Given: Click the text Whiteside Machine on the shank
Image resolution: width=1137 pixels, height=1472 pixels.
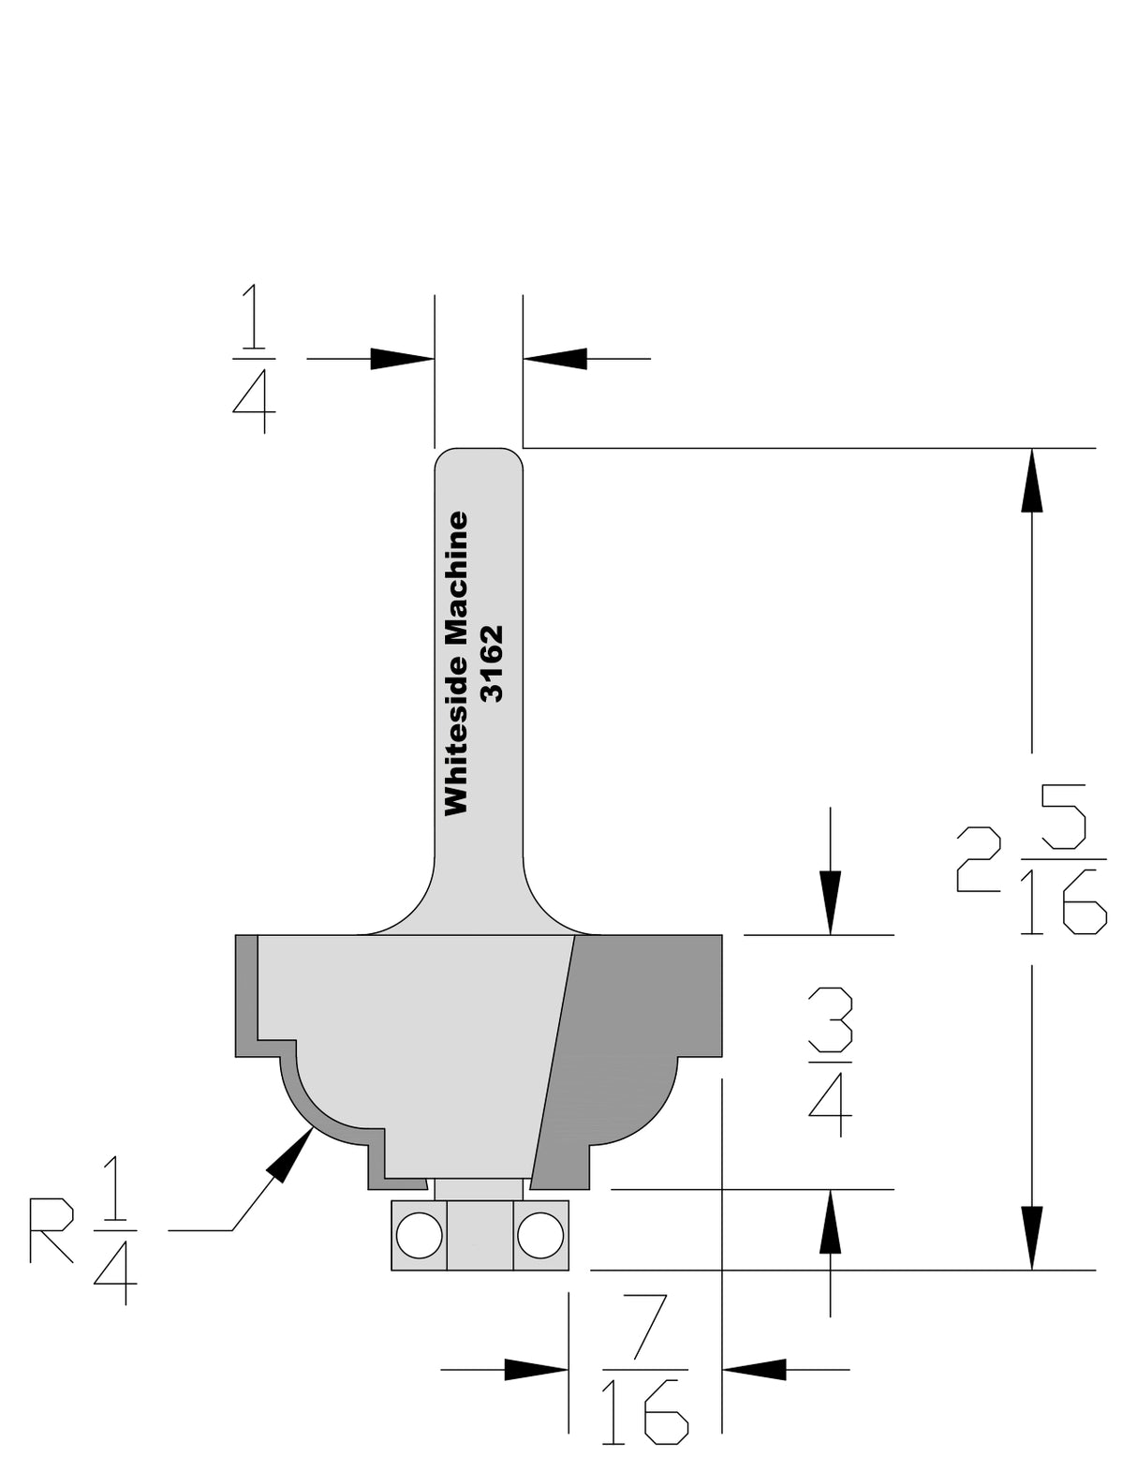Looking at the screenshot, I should pos(456,662).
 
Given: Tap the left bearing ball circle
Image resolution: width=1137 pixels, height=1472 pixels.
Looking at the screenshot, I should pos(419,1235).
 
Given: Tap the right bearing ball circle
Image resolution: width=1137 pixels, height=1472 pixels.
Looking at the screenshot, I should pos(540,1235).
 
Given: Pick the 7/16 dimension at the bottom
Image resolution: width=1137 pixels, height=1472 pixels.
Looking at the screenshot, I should pos(643,1369).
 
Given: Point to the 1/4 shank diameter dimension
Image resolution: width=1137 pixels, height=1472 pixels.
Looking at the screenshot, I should pos(253,359).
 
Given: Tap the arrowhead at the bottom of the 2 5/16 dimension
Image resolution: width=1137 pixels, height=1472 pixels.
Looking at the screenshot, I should pos(1032,1237).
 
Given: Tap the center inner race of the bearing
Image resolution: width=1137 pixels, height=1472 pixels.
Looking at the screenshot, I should pos(480,1235).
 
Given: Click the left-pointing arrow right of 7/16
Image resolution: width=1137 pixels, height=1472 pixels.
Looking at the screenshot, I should pos(755,1369).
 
